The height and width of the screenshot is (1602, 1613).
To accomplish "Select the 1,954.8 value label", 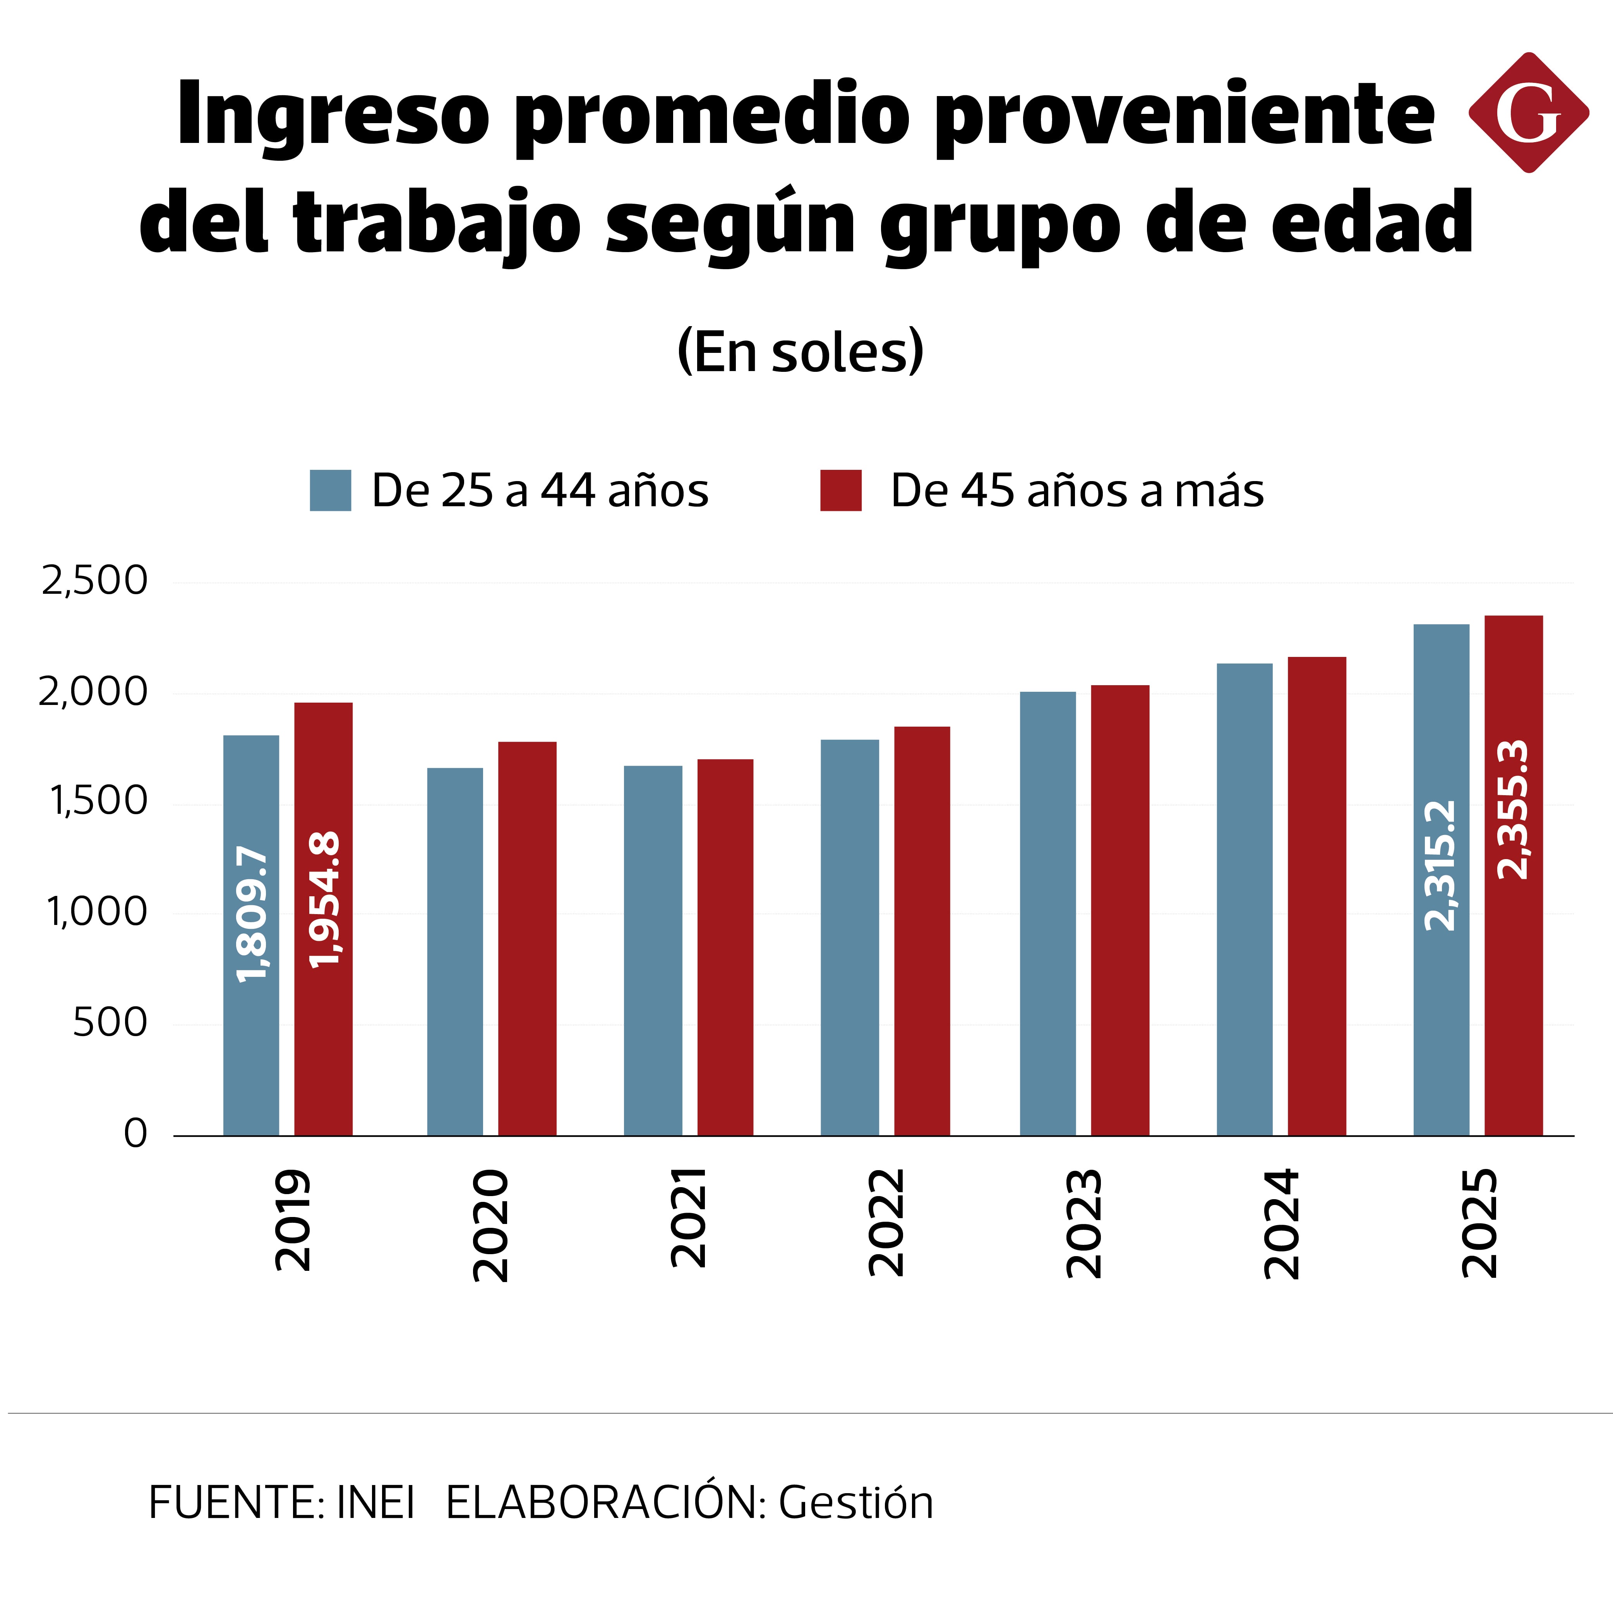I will click(324, 899).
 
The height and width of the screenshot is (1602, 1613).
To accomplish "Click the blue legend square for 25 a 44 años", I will click(331, 490).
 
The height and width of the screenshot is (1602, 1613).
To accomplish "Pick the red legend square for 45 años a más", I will click(841, 490).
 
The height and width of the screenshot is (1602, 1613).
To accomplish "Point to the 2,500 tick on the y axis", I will click(94, 581).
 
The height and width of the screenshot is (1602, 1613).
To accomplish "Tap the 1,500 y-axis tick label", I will click(99, 802).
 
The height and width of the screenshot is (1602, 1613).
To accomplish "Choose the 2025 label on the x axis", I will click(1479, 1224).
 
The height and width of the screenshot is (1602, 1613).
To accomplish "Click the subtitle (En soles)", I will click(800, 352).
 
